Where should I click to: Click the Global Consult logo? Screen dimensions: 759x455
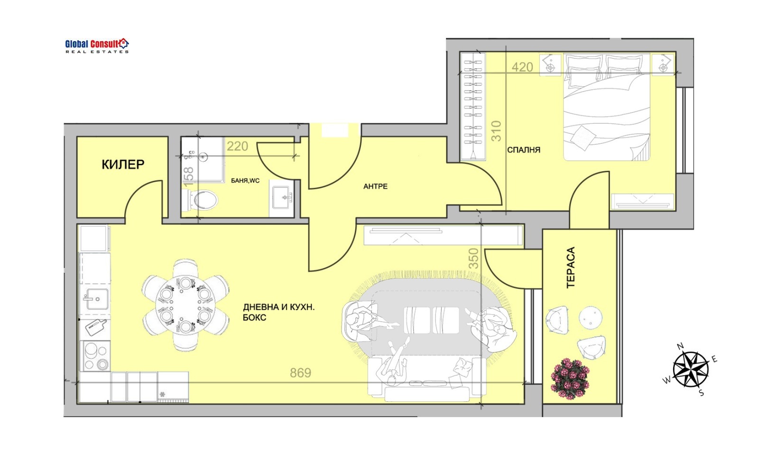[97, 46]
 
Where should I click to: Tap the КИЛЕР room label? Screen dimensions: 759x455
[123, 164]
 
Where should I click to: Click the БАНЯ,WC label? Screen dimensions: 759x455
[245, 181]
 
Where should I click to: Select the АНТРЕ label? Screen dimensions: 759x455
[375, 186]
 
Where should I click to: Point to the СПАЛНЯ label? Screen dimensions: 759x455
[524, 150]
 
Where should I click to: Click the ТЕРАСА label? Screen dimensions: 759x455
[571, 267]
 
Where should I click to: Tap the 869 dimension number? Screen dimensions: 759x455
[300, 372]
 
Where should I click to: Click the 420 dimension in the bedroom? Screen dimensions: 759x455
[522, 67]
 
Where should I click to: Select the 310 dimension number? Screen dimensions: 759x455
[496, 131]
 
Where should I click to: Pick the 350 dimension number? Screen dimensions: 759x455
[474, 259]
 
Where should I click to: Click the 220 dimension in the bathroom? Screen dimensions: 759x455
[237, 146]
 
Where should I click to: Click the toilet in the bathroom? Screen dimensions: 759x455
[200, 200]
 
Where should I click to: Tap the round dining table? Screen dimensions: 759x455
[185, 305]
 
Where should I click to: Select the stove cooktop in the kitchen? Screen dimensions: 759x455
[96, 355]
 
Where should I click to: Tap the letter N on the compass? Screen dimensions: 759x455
[680, 346]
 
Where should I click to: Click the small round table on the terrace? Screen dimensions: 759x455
[591, 318]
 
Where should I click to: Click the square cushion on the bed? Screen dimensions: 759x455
[583, 138]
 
